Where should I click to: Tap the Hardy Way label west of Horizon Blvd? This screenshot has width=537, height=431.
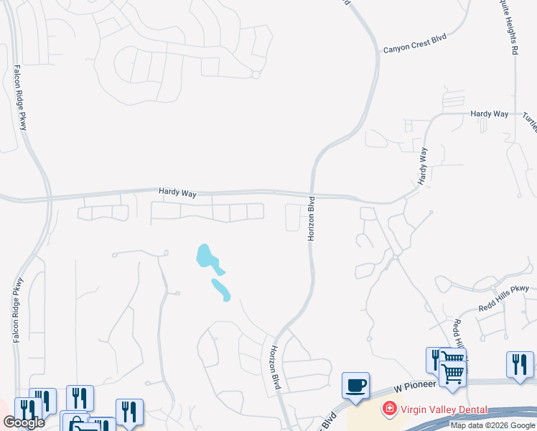[177, 193]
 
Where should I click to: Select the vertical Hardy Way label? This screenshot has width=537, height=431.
[424, 165]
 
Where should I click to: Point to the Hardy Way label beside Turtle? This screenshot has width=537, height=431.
[490, 113]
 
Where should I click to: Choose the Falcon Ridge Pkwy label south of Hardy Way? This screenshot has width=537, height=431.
[18, 309]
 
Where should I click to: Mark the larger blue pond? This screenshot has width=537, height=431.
[206, 256]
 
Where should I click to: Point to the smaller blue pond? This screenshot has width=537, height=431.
[220, 289]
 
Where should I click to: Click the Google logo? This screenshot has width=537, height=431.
[23, 422]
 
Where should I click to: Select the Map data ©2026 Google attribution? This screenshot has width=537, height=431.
[492, 425]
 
